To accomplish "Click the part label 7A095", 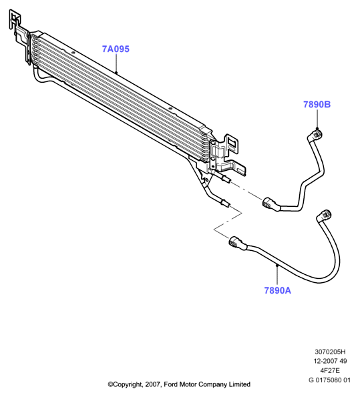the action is (116, 49).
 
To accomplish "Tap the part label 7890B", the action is (317, 104).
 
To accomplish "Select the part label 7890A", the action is (278, 290).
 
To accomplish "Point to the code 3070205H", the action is (330, 352).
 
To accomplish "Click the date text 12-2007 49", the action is (330, 361).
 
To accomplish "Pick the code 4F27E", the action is (329, 370).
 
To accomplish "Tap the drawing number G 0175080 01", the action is (329, 380).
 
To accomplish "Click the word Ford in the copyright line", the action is (171, 384).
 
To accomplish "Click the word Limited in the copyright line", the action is (240, 384).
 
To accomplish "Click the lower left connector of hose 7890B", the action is (271, 204).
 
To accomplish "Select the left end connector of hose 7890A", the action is (237, 242).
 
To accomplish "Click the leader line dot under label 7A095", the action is (116, 73).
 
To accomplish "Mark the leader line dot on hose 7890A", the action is (277, 265).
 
